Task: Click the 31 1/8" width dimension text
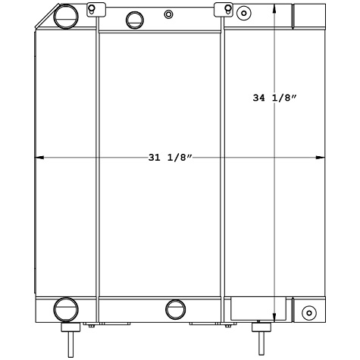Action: [171, 158]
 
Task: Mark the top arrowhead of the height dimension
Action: [274, 8]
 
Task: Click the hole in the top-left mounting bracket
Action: [92, 9]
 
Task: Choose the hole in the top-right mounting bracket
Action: [226, 9]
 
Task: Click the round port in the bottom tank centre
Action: [175, 308]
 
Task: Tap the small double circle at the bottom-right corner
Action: [308, 313]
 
